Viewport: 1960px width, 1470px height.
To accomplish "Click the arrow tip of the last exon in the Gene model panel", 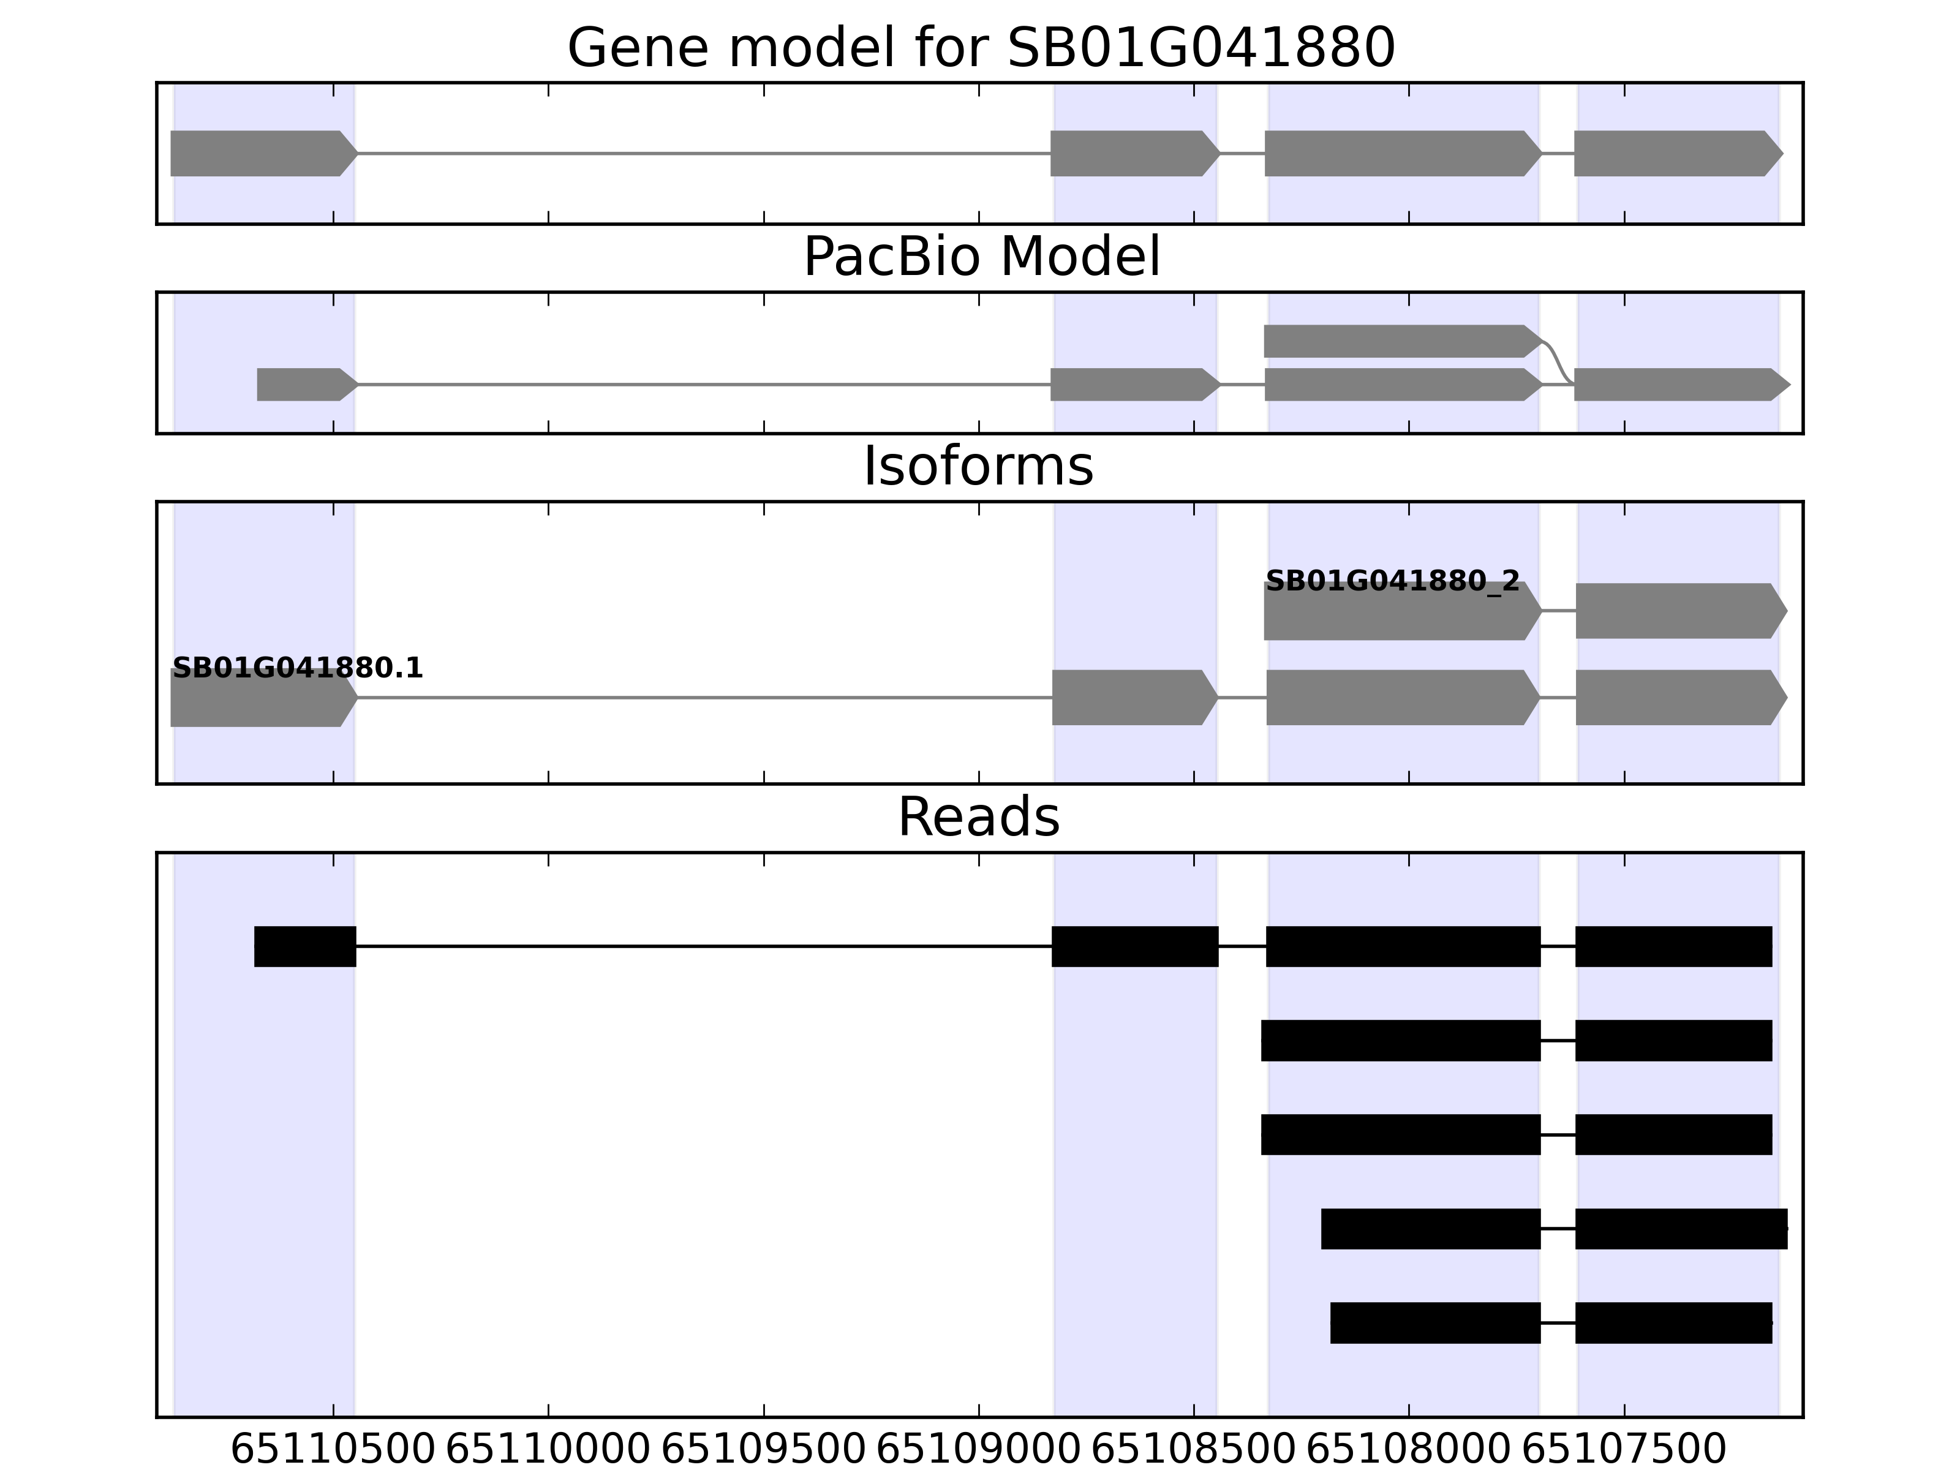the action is click(1783, 153).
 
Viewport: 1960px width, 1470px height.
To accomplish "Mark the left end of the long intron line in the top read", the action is click(356, 946).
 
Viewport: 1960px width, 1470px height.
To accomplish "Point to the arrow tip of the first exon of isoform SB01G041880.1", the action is click(358, 698).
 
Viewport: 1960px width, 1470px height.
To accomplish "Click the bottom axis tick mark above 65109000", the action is click(979, 1410).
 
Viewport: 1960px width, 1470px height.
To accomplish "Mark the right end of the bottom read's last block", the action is click(1772, 1323).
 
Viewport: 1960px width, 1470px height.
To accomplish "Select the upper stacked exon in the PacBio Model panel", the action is click(1404, 341).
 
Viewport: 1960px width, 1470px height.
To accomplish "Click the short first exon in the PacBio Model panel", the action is click(307, 385).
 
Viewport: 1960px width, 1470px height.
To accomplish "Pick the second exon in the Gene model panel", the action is click(1135, 153).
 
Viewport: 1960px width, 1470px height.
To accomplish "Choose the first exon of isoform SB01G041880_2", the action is click(1403, 611).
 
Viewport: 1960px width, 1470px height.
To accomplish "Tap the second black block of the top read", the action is click(1135, 946).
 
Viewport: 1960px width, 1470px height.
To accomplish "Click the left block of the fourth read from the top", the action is click(1431, 1229).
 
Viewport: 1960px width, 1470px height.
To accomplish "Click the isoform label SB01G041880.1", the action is click(298, 668).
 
